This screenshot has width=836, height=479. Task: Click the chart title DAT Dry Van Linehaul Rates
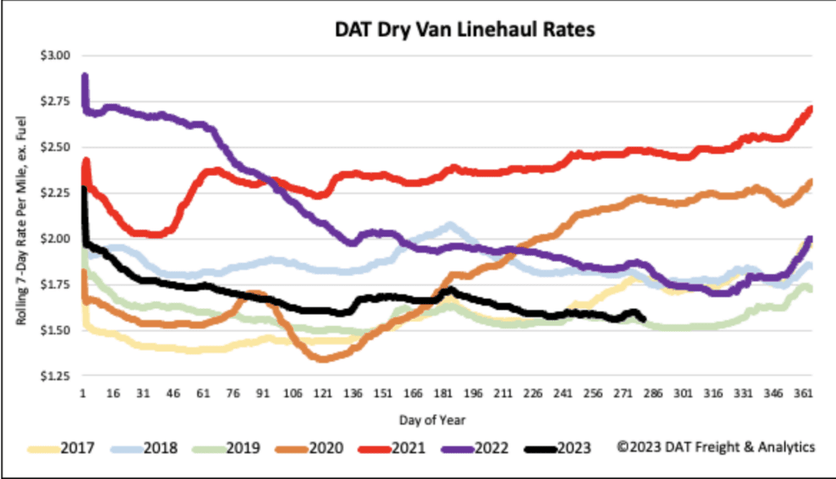coord(463,31)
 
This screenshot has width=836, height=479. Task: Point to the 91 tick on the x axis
coord(264,394)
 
